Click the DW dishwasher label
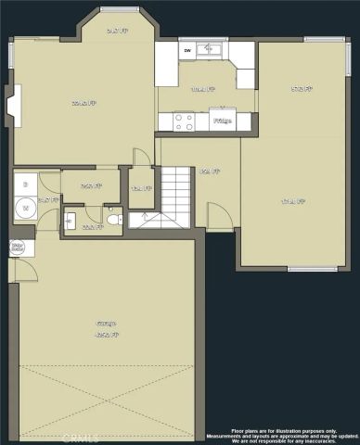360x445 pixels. tap(187, 49)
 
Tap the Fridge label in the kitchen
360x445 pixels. tap(222, 121)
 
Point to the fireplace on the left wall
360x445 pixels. tap(11, 105)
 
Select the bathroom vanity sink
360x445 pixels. tap(70, 220)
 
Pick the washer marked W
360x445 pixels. tap(25, 209)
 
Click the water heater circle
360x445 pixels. tap(17, 248)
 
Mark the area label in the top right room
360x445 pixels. tap(301, 89)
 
